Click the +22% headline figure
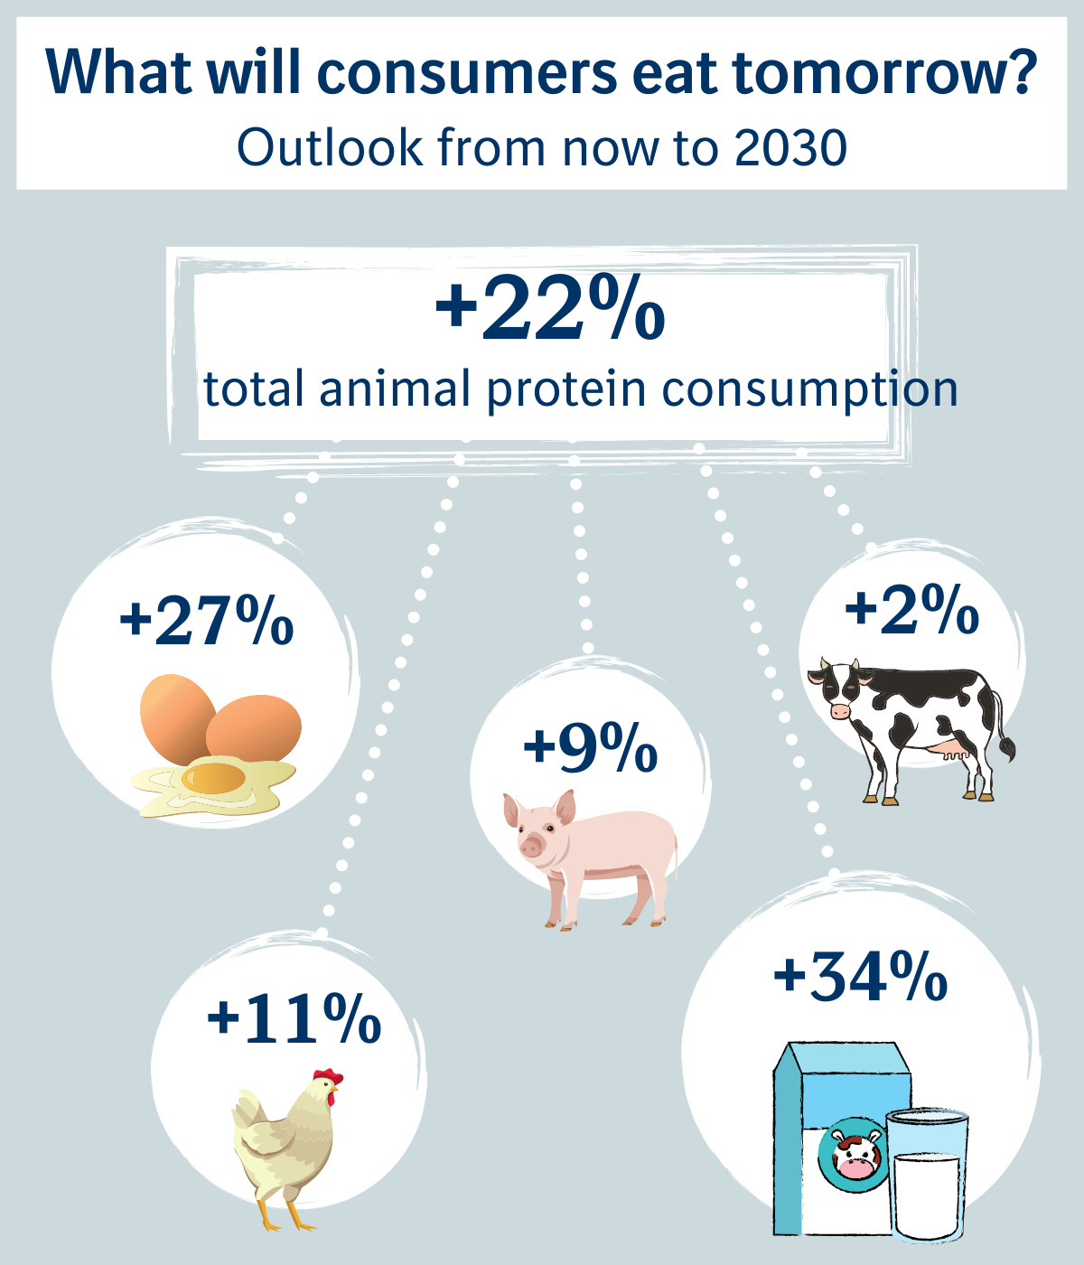(x=550, y=311)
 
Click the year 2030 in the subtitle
(x=790, y=147)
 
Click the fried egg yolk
(x=213, y=776)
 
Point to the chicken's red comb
(x=329, y=1077)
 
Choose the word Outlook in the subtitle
(x=330, y=147)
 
